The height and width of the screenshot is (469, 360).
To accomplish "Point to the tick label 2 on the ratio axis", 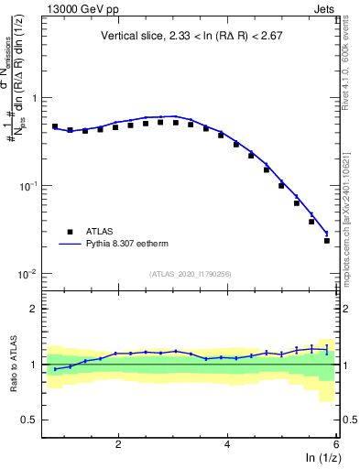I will [x=33, y=309].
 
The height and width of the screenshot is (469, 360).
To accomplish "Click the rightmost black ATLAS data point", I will [x=327, y=241].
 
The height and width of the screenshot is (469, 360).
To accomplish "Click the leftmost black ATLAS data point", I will [x=55, y=126].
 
